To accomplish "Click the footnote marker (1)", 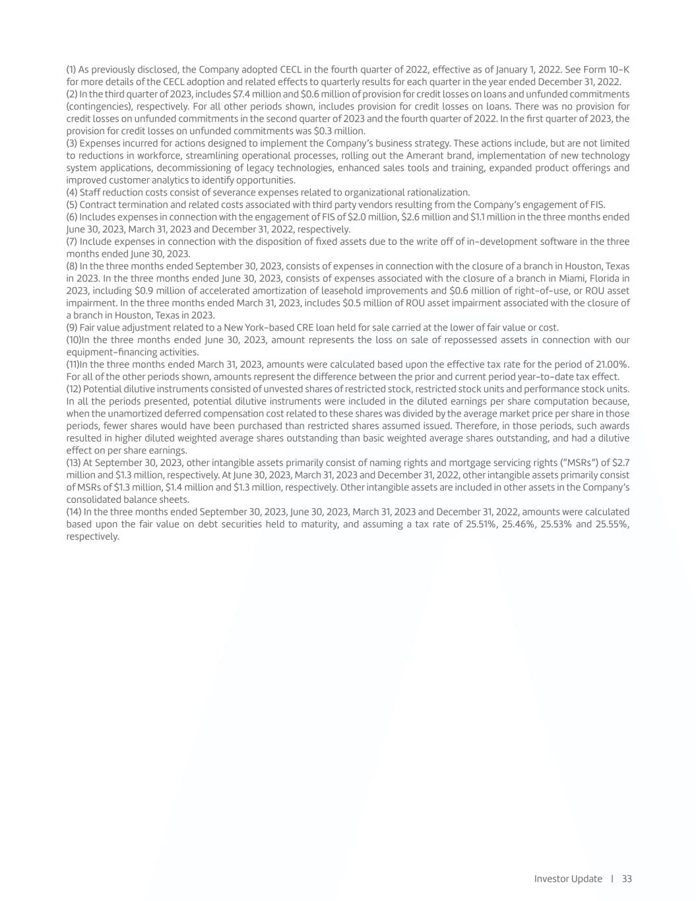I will pos(71,69).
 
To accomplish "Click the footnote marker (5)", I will pos(72,205).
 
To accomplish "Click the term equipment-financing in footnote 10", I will pos(111,352).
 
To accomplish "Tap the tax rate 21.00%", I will pos(611,364).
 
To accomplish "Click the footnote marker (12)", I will pos(74,389).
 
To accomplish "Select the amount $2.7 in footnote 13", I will pos(620,463).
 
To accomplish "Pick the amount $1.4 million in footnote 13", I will pos(166,487).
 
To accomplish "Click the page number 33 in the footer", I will pos(627,879).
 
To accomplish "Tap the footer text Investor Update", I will pos(568,879).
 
